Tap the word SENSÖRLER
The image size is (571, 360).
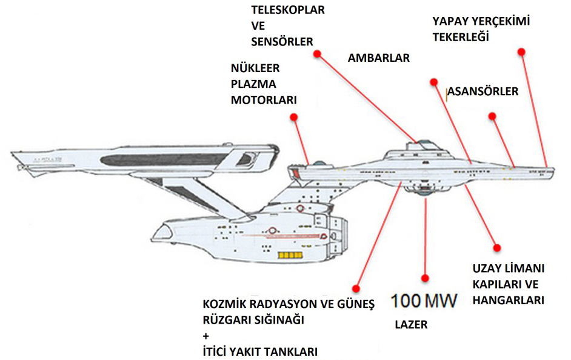point(281,42)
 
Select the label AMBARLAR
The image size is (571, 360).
point(379,58)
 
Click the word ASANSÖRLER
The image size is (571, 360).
point(484,92)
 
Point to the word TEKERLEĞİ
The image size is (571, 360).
point(460,36)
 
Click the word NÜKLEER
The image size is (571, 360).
point(255,68)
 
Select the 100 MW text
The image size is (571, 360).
point(424,300)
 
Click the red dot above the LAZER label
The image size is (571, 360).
point(428,276)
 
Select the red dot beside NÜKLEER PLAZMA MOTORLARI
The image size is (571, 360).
point(293,116)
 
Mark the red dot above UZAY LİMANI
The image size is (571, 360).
point(498,247)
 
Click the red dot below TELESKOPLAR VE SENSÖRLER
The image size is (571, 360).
point(316,54)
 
